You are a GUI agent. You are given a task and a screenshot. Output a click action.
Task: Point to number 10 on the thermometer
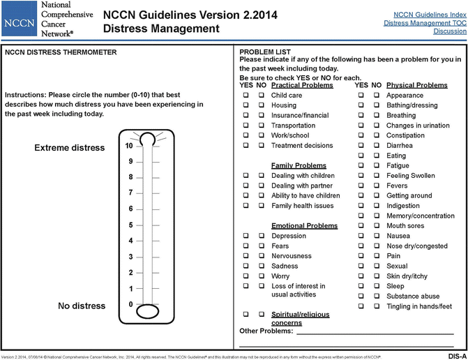[129, 147]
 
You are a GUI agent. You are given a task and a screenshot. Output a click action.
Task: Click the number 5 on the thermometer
[130, 225]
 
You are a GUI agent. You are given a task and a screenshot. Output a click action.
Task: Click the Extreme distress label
[69, 148]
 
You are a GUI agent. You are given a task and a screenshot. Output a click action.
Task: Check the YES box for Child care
[246, 96]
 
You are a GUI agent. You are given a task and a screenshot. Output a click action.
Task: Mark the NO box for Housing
[262, 105]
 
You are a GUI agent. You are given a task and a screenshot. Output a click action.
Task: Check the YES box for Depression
[246, 237]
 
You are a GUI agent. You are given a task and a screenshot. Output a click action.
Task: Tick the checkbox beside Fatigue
[360, 166]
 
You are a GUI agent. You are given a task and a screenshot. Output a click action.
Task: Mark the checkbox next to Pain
[360, 256]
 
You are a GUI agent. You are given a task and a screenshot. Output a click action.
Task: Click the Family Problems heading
[299, 165]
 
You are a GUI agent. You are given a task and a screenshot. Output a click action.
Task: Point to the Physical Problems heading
[416, 85]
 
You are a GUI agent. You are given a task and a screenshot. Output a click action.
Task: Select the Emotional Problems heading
[304, 226]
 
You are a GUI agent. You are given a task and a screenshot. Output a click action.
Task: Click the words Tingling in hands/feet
[419, 306]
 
